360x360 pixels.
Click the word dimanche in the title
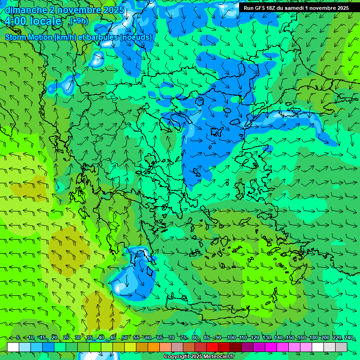[26, 10]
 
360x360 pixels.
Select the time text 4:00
[16, 22]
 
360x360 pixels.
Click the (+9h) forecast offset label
[78, 21]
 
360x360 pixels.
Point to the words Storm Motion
[29, 37]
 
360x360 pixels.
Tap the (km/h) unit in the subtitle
[64, 37]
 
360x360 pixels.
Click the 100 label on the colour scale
[231, 338]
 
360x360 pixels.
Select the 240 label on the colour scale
[349, 338]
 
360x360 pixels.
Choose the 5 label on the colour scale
[18, 338]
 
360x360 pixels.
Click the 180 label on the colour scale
[313, 338]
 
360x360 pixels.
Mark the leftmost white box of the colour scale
[13, 347]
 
